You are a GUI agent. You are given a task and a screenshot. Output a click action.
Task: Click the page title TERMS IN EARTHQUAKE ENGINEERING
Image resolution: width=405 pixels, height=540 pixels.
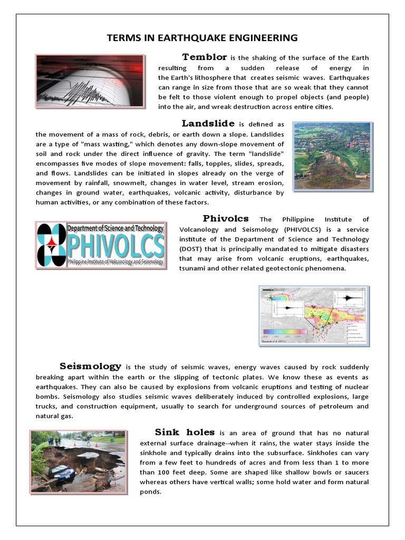click(x=202, y=38)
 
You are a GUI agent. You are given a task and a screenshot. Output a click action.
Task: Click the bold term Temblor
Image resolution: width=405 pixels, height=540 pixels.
click(x=205, y=57)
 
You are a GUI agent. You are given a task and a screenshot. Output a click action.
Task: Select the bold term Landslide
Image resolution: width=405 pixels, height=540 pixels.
click(x=208, y=123)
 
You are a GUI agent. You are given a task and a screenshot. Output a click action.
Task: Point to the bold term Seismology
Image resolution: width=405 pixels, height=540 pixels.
click(x=91, y=366)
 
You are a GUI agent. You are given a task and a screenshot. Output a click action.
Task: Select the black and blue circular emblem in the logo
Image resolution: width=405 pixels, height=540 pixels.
click(x=52, y=245)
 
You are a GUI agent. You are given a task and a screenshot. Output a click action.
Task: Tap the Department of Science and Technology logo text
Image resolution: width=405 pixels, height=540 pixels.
click(x=115, y=228)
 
